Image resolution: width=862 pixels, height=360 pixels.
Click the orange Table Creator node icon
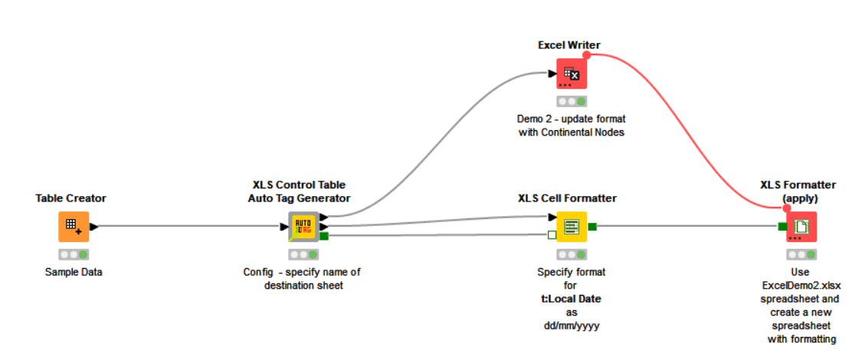(74, 226)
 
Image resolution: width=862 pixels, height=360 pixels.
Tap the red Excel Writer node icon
(571, 74)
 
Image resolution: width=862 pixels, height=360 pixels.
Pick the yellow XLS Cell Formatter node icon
(571, 226)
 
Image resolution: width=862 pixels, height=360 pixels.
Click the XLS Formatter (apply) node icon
(801, 226)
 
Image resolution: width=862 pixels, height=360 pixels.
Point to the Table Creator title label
(70, 198)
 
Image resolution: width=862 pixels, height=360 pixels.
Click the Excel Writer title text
(569, 45)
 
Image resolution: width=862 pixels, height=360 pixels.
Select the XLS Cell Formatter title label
(567, 198)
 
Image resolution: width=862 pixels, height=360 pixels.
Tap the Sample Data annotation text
(73, 272)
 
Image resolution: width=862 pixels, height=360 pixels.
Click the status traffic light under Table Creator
(74, 254)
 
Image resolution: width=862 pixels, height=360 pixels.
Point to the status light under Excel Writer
(572, 101)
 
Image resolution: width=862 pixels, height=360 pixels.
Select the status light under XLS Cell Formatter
(572, 254)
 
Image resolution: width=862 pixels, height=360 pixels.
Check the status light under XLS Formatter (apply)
(801, 254)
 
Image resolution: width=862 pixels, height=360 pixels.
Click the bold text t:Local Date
(570, 299)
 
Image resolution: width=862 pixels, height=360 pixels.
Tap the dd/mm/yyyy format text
(570, 325)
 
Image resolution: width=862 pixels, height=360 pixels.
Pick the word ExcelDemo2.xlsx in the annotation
(799, 285)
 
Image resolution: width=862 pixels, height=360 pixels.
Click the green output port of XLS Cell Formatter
(592, 226)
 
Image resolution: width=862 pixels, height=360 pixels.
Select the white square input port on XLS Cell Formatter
(552, 235)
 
